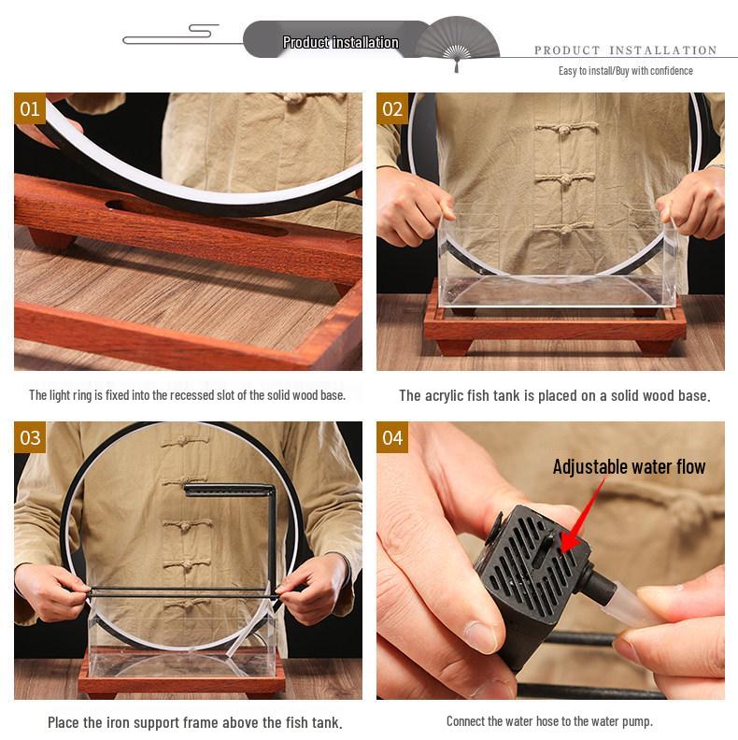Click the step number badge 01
[30, 108]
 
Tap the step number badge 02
[392, 108]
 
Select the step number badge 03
[30, 437]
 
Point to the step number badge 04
[392, 437]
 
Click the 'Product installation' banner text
[341, 42]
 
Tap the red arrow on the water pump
[581, 517]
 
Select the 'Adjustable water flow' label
[629, 467]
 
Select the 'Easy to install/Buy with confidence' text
[625, 71]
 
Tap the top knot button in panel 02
[566, 127]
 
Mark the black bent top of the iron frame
[229, 490]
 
